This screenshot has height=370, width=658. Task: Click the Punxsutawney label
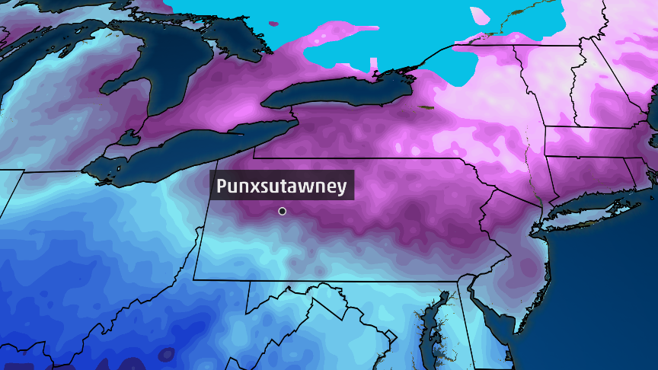[x=282, y=186]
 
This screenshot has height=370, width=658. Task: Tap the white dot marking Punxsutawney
[x=283, y=211]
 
